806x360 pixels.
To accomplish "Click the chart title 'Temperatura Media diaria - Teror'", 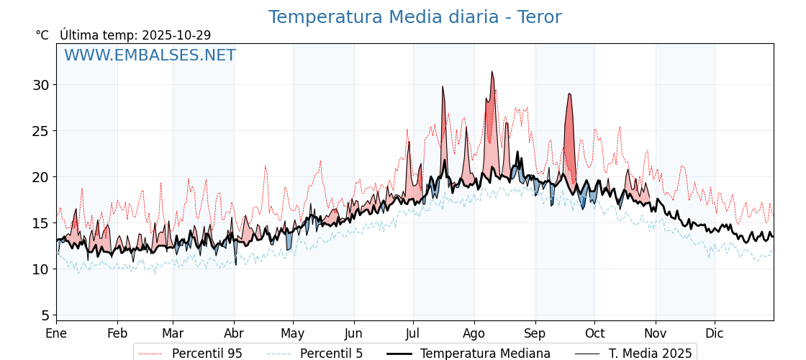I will (x=415, y=17).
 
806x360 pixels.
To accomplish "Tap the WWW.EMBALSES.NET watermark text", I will (x=150, y=55).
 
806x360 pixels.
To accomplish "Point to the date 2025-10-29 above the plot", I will (x=176, y=35).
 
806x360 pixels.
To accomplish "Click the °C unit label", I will (x=42, y=35).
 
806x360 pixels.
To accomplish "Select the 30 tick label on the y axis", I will (x=40, y=85).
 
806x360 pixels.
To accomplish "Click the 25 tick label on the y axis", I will (x=40, y=131).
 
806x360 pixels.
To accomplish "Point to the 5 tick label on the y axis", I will (x=45, y=315).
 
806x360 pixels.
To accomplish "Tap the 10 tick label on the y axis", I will (x=40, y=269).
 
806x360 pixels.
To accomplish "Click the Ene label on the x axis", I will (x=56, y=333).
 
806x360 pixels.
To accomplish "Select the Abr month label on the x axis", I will (x=234, y=333).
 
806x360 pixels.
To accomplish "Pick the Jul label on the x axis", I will (x=413, y=333).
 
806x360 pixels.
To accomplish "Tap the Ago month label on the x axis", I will (x=474, y=333).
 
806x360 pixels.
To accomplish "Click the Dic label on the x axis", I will (x=715, y=333).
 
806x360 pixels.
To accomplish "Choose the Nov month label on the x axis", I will (x=656, y=333).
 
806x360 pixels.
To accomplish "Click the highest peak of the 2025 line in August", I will (x=492, y=72).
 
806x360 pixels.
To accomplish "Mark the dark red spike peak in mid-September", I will (x=569, y=94).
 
